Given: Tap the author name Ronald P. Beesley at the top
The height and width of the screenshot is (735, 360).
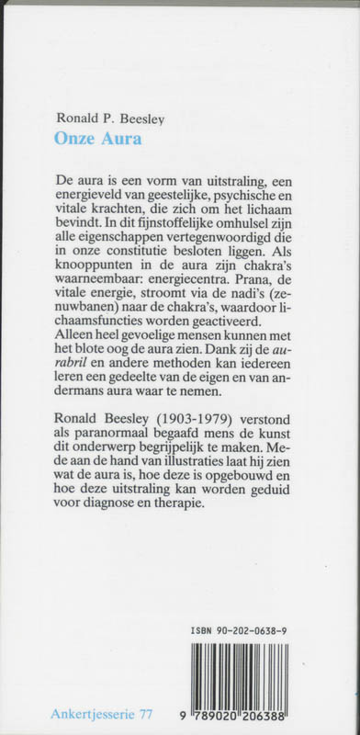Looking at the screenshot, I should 106,119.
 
